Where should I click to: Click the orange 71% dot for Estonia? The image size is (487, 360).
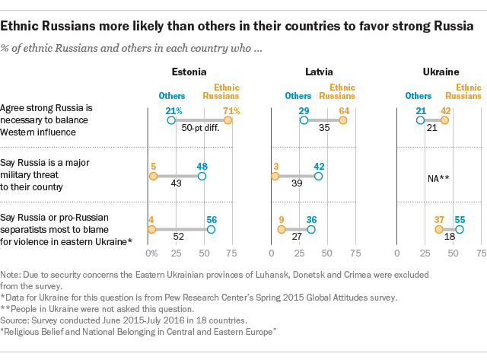tap(228, 120)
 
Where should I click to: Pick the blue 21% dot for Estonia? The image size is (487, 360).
tap(172, 120)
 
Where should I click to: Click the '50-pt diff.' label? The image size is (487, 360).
tap(201, 129)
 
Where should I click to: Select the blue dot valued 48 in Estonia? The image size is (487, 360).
tap(202, 176)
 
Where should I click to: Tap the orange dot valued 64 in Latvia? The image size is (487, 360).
tap(343, 120)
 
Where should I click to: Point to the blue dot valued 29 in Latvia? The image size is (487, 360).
tap(304, 120)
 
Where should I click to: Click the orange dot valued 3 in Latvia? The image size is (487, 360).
tap(275, 176)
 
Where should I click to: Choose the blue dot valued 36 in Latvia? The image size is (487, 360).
tap(311, 229)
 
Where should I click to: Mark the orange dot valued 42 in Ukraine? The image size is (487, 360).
tap(444, 120)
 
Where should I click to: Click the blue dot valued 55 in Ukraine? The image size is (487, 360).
tap(459, 229)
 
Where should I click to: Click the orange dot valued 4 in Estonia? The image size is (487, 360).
tap(151, 229)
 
